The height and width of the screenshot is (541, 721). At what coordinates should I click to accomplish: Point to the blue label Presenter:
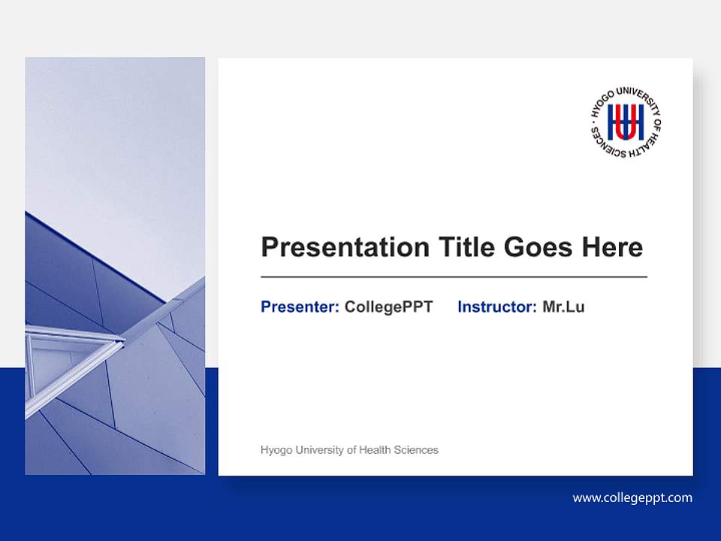300,307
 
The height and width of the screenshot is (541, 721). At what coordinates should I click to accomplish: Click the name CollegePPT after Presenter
388,307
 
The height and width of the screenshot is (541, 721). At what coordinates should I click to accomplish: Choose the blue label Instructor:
496,307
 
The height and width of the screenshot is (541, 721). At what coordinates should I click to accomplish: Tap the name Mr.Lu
563,307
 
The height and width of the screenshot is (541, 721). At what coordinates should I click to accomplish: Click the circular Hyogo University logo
626,122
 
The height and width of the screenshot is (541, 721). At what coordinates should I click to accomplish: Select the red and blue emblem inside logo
626,122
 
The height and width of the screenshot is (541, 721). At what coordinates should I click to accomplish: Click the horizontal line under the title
454,277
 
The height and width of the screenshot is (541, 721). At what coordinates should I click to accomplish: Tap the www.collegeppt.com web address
632,497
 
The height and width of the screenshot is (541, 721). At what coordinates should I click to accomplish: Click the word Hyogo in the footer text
275,450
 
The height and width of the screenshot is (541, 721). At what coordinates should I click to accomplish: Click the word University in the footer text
318,450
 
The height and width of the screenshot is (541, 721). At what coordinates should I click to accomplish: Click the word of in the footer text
351,450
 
